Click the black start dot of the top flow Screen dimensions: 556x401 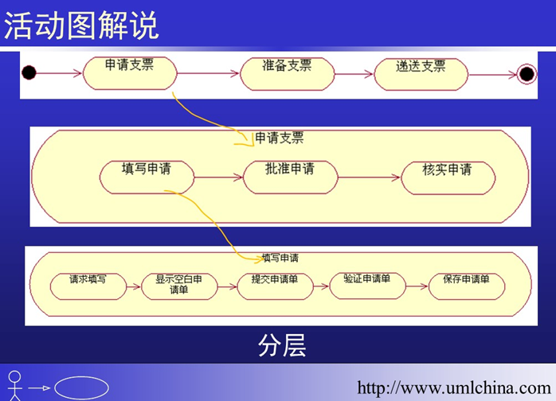click(x=29, y=73)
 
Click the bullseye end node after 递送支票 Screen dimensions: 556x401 click(x=527, y=74)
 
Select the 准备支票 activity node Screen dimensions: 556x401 click(x=288, y=74)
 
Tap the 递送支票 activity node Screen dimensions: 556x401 click(x=421, y=74)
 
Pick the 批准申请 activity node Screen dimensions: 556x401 click(x=291, y=177)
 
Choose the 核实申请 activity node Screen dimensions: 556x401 click(x=448, y=178)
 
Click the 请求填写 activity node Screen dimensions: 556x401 click(x=88, y=286)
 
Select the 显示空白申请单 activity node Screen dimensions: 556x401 click(x=179, y=286)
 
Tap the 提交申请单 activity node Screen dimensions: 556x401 click(x=275, y=286)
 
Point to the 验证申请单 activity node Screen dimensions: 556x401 click(x=367, y=286)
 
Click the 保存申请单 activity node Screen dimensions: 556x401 click(x=467, y=286)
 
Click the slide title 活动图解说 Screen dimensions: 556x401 click(x=81, y=25)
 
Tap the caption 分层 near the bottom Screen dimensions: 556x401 click(x=282, y=345)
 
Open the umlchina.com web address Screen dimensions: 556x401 click(x=454, y=387)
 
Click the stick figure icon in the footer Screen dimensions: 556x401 click(x=14, y=386)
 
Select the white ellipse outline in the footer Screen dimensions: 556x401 click(x=81, y=388)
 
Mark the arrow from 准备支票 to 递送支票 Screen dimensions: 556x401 click(x=354, y=74)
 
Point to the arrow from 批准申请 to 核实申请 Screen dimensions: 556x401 click(x=369, y=177)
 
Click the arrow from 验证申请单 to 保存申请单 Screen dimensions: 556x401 click(x=417, y=286)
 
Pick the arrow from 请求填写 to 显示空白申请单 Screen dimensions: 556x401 click(x=134, y=286)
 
